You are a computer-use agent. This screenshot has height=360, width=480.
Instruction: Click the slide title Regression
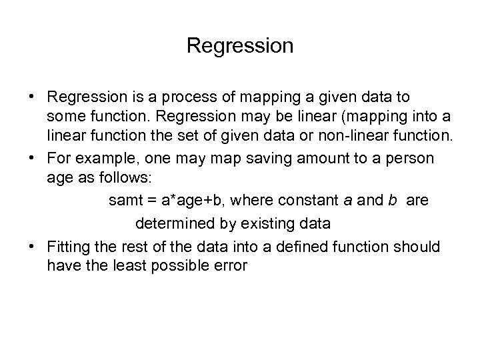pyautogui.click(x=240, y=46)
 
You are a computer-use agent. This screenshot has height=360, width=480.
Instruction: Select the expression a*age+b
pyautogui.click(x=187, y=200)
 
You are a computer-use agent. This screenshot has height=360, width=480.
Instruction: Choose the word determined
pyautogui.click(x=169, y=221)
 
